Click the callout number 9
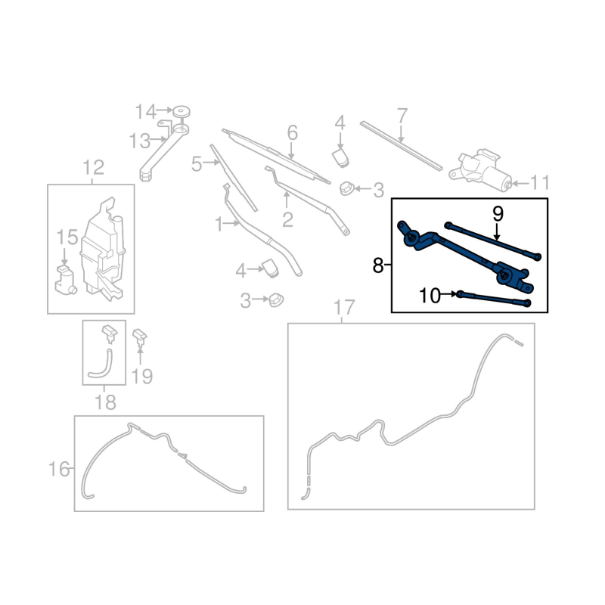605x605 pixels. pyautogui.click(x=498, y=214)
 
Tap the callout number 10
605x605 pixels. pyautogui.click(x=430, y=296)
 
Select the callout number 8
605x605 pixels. pyautogui.click(x=378, y=266)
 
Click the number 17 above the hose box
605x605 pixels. pyautogui.click(x=344, y=308)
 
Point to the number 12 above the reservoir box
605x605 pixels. pyautogui.click(x=93, y=167)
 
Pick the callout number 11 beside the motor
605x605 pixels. pyautogui.click(x=540, y=182)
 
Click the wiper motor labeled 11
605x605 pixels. pyautogui.click(x=480, y=170)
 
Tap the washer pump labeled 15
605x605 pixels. pyautogui.click(x=65, y=280)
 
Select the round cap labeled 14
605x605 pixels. pyautogui.click(x=181, y=112)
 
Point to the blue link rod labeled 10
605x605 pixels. pyautogui.click(x=494, y=299)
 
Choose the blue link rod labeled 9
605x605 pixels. pyautogui.click(x=493, y=240)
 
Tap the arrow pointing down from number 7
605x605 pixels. pyautogui.click(x=401, y=134)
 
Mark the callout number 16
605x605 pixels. pyautogui.click(x=58, y=470)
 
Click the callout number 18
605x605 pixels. pyautogui.click(x=105, y=402)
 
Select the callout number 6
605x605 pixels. pyautogui.click(x=293, y=132)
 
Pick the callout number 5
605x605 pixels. pyautogui.click(x=197, y=164)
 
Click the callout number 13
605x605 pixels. pyautogui.click(x=140, y=141)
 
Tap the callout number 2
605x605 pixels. pyautogui.click(x=287, y=220)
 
